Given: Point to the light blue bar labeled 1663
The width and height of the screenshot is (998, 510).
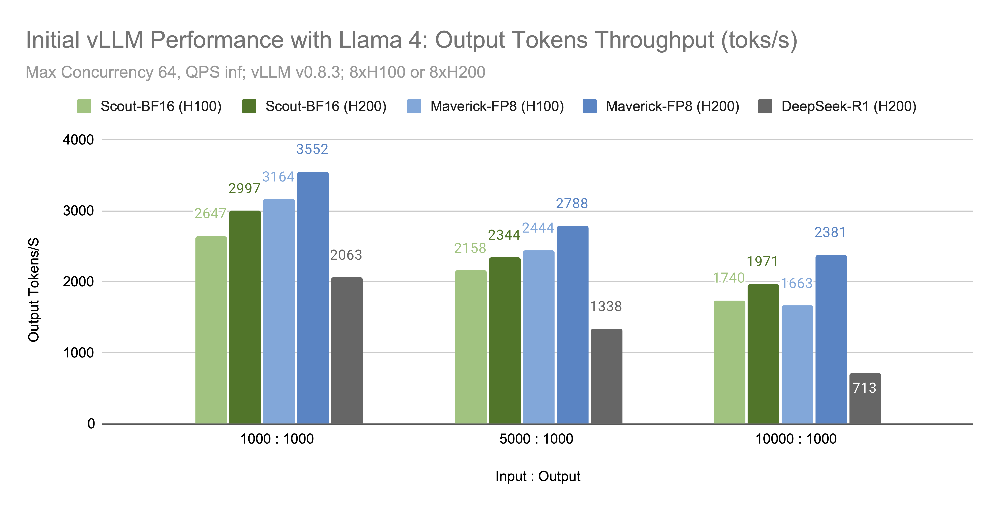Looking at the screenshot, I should pyautogui.click(x=797, y=364).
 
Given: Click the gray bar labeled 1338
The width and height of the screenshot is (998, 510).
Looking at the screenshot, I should pyautogui.click(x=606, y=376).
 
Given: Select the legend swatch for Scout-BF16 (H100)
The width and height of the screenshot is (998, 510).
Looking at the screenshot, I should pyautogui.click(x=84, y=106).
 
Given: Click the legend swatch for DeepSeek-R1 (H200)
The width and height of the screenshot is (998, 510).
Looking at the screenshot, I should pyautogui.click(x=765, y=106).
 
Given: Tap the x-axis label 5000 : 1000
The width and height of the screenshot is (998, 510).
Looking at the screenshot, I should pyautogui.click(x=536, y=439).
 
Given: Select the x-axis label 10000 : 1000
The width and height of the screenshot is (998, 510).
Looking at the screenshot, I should pyautogui.click(x=796, y=439).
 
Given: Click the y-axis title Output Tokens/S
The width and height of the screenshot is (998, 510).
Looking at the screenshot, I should pyautogui.click(x=34, y=290).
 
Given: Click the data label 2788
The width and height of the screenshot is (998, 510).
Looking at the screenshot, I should pyautogui.click(x=572, y=203).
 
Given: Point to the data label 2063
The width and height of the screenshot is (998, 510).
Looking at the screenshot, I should pyautogui.click(x=346, y=255).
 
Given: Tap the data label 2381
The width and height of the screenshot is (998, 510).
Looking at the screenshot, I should pyautogui.click(x=830, y=232).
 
